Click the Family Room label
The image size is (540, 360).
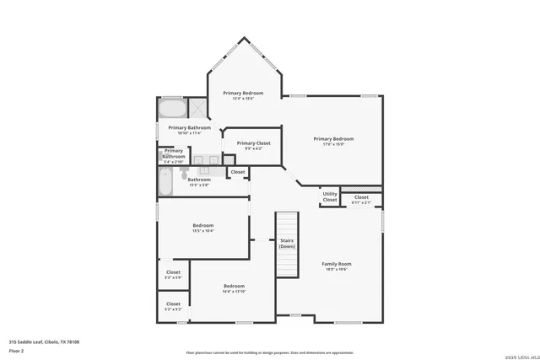pyautogui.click(x=337, y=264)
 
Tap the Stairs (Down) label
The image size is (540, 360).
pyautogui.click(x=287, y=243)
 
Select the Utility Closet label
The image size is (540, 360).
pyautogui.click(x=330, y=197)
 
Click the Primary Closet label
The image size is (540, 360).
pyautogui.click(x=253, y=143)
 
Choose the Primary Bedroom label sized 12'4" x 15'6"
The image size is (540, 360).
pyautogui.click(x=243, y=93)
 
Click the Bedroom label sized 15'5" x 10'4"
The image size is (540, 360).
pyautogui.click(x=202, y=225)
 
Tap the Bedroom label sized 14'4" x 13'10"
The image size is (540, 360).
pyautogui.click(x=234, y=287)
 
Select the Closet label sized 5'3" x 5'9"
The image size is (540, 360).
pyautogui.click(x=173, y=272)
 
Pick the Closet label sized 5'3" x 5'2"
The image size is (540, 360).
pyautogui.click(x=173, y=304)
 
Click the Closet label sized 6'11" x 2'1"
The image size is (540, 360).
pyautogui.click(x=361, y=197)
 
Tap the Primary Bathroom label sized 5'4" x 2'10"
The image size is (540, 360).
pyautogui.click(x=174, y=154)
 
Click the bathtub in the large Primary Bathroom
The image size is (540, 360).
pyautogui.click(x=172, y=110)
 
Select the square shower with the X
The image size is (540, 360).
pyautogui.click(x=197, y=108)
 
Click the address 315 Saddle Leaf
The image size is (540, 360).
pyautogui.click(x=29, y=341)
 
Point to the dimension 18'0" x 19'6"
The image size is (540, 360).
pyautogui.click(x=337, y=269)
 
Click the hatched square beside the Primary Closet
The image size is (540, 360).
pyautogui.click(x=228, y=160)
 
